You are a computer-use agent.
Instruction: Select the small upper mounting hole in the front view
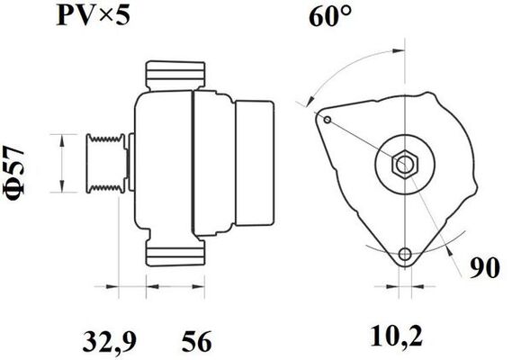point(327,120)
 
